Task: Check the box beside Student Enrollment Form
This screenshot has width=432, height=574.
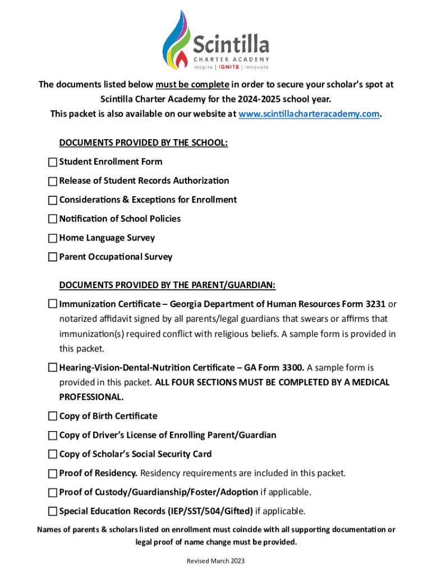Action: (x=53, y=162)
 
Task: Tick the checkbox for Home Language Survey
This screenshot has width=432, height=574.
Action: (x=53, y=238)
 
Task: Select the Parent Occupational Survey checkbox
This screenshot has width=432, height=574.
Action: (x=53, y=257)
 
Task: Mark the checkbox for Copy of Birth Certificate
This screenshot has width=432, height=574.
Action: (x=53, y=416)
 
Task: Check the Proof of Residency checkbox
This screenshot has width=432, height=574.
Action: (x=53, y=474)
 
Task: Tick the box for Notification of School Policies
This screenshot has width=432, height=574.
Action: (x=53, y=219)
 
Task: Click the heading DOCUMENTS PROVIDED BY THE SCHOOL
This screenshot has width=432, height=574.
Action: (x=144, y=143)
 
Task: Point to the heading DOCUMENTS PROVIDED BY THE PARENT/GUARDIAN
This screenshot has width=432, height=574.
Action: (x=167, y=286)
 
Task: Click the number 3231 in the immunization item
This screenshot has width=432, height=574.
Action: (x=375, y=304)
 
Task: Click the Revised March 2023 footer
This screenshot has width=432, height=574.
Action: (x=215, y=561)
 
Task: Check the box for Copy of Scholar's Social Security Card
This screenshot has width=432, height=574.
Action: (x=53, y=455)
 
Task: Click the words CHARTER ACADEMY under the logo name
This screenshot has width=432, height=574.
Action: (x=231, y=59)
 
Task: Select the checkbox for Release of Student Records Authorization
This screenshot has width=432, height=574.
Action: (x=53, y=181)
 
